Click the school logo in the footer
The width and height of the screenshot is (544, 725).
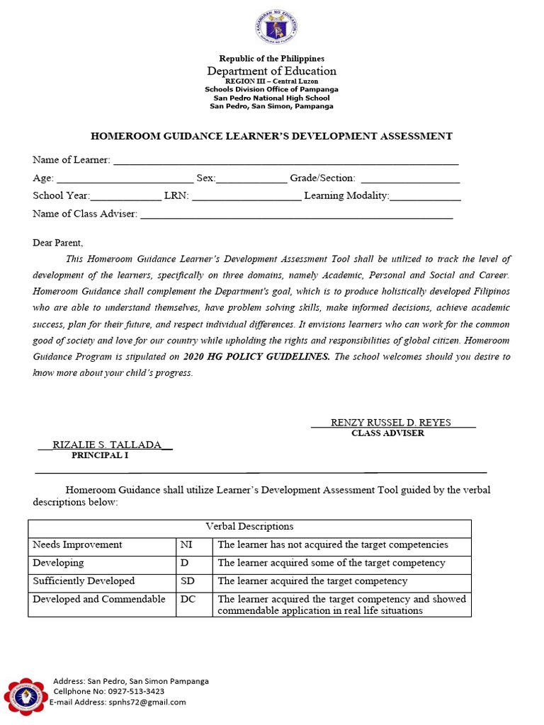tap(26, 697)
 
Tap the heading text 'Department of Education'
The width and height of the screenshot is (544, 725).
tap(271, 71)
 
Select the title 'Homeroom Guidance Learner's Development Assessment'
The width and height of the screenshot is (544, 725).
tap(271, 136)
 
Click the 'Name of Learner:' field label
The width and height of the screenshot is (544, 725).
tap(72, 161)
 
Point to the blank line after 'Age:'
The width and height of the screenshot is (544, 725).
tap(125, 178)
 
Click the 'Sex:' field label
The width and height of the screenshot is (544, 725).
tap(205, 178)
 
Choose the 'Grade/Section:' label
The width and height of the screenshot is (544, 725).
tap(322, 178)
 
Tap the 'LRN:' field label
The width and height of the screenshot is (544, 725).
tap(176, 195)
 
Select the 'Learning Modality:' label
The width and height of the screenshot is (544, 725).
tap(346, 195)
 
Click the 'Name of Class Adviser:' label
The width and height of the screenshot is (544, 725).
tap(85, 213)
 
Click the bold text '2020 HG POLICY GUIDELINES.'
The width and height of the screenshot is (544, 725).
tap(256, 357)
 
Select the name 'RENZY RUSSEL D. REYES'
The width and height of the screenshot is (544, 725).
tap(390, 423)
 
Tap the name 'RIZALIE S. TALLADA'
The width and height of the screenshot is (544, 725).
tap(107, 445)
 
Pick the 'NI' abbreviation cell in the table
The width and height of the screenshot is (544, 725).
tap(186, 544)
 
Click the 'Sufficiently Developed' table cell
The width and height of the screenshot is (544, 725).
tap(84, 581)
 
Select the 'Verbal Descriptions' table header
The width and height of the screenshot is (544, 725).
tap(249, 526)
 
